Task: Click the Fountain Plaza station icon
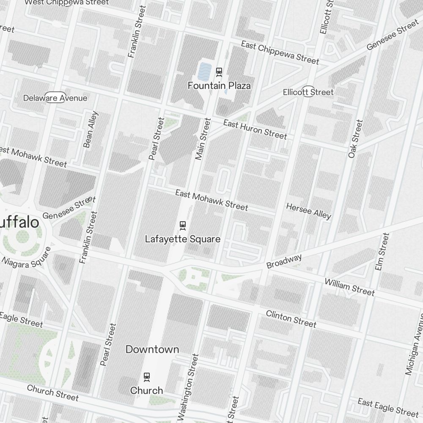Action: [219, 71]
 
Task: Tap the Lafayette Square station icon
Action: [183, 225]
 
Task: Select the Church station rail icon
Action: [147, 376]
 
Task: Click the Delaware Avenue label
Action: [55, 98]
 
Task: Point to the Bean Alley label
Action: [91, 129]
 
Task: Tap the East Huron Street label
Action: [255, 129]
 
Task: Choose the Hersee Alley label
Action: [308, 211]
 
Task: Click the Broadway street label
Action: [284, 261]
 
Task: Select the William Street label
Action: [349, 287]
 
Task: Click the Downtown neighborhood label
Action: [152, 349]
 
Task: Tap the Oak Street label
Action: [355, 139]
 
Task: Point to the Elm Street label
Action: [382, 252]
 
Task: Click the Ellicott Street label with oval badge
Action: [308, 92]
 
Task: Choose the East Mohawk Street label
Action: [211, 200]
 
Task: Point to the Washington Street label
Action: [187, 387]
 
